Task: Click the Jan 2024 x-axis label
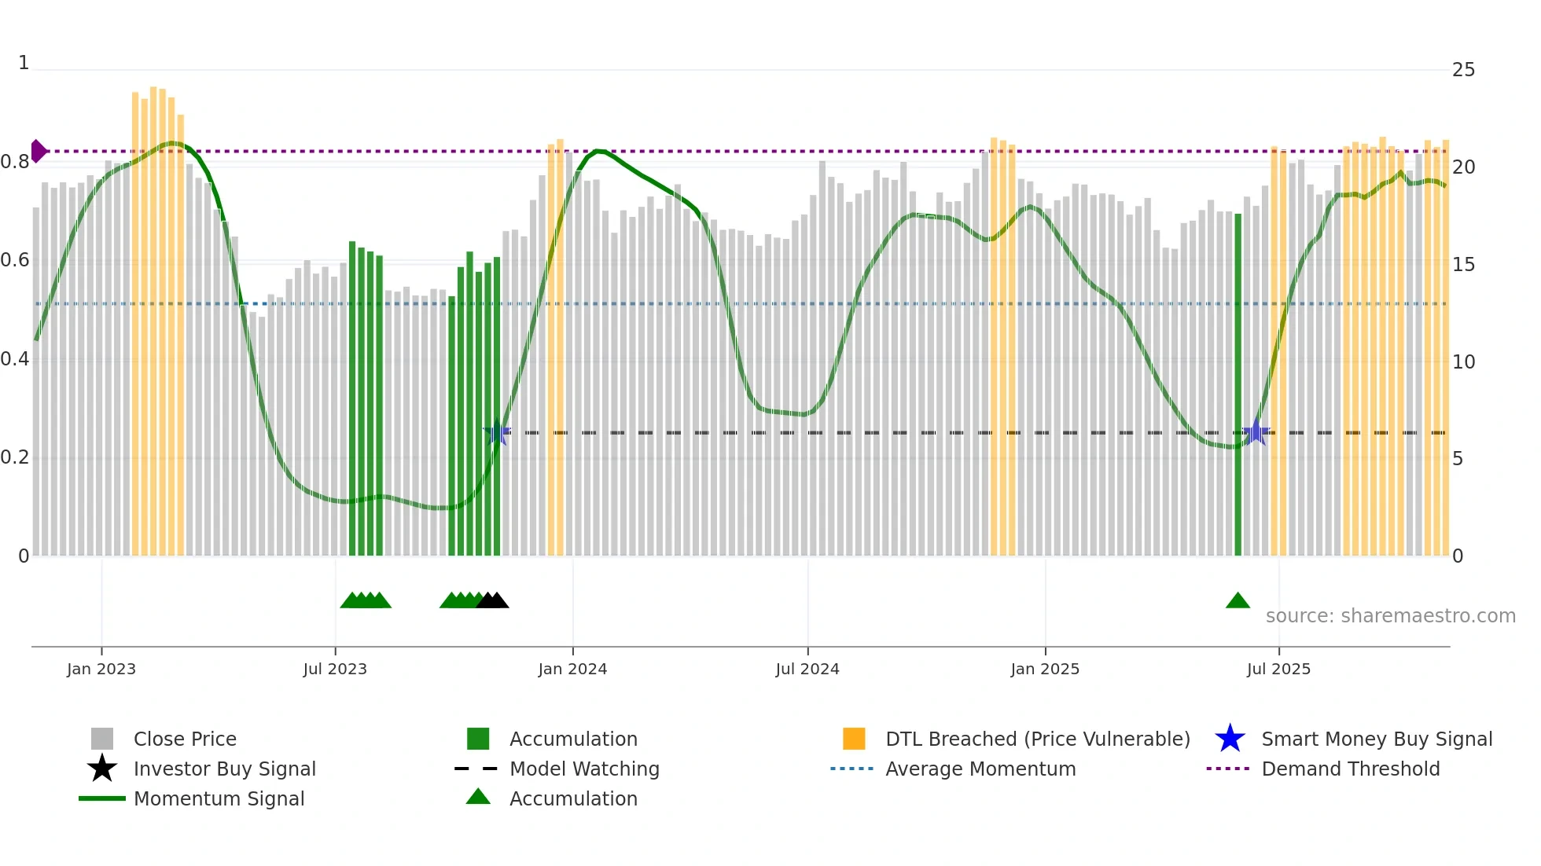point(572,669)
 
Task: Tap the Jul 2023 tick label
point(335,669)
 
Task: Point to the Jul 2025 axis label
point(1278,669)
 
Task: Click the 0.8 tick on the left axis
point(15,162)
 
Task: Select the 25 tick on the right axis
point(1463,70)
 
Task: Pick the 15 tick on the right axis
point(1463,265)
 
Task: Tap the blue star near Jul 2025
point(1256,432)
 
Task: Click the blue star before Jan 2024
point(496,432)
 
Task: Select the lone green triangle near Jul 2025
point(1238,601)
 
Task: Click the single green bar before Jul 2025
point(1238,385)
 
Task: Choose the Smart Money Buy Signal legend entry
point(1376,739)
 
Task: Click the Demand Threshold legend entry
point(1350,769)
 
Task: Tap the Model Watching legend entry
point(583,769)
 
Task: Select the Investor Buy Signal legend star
point(102,769)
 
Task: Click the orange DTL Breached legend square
point(854,739)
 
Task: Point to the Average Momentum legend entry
point(980,769)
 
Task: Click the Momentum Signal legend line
point(102,798)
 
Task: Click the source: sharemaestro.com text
point(1390,616)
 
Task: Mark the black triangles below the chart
point(493,601)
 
